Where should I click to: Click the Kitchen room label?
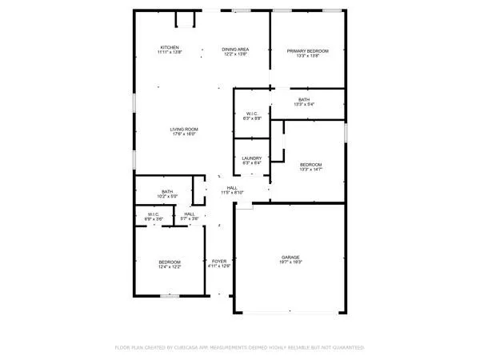(x=169, y=48)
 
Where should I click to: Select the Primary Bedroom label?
(x=308, y=50)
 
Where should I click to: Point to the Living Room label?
(x=184, y=129)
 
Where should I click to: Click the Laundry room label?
(x=252, y=158)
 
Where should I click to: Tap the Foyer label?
(x=219, y=261)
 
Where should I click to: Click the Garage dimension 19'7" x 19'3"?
(x=290, y=262)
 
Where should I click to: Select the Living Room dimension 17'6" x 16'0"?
(x=184, y=134)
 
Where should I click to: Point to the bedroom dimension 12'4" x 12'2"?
(x=170, y=267)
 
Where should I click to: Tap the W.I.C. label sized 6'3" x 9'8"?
(x=252, y=114)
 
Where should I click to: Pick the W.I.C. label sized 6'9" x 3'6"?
(x=153, y=214)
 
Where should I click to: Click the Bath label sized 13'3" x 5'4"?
(x=304, y=99)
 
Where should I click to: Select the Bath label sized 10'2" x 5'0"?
(x=168, y=192)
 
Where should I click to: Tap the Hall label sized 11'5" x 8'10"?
(x=232, y=188)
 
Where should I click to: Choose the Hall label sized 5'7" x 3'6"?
(x=190, y=214)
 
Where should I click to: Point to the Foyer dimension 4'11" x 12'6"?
(x=219, y=266)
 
